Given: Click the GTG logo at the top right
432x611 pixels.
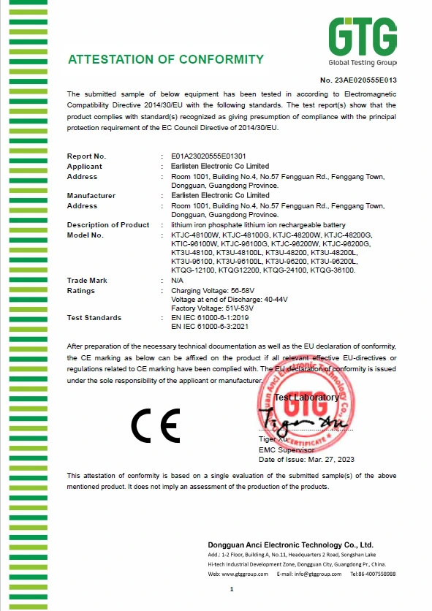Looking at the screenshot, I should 362,40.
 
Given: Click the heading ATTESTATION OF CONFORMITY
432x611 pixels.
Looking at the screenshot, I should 166,59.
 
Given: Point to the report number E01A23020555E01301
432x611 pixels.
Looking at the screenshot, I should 208,156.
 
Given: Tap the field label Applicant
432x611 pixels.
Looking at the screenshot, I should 85,166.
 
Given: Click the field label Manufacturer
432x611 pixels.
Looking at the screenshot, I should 91,196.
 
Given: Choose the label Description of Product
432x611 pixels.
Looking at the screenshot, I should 108,225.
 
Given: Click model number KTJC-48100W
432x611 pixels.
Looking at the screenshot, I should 193,235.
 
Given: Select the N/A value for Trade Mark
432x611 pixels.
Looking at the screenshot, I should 176,281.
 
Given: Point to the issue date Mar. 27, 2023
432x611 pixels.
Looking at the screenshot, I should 327,459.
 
